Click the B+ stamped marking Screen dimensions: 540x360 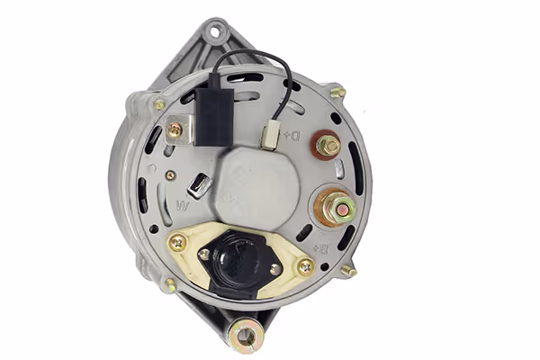pyautogui.click(x=319, y=249)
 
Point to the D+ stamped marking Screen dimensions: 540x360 pyautogui.click(x=292, y=135)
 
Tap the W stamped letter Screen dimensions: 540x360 pyautogui.click(x=183, y=206)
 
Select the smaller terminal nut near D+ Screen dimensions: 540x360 pyautogui.click(x=328, y=146)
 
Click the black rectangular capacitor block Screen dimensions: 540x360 pyautogui.click(x=214, y=116)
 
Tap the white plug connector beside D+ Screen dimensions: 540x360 pyautogui.click(x=269, y=138)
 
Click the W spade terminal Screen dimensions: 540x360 pyautogui.click(x=200, y=185)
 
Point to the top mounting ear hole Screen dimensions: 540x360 pyautogui.click(x=214, y=32)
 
